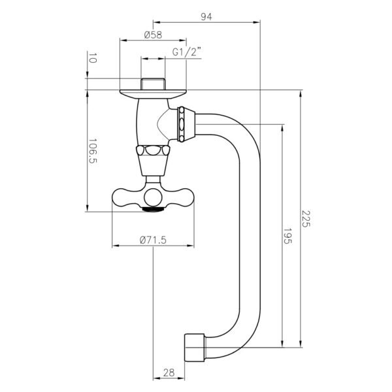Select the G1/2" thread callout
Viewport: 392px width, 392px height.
tap(186, 52)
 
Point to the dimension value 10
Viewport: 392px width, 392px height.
tap(92, 59)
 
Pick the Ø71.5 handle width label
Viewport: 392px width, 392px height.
tap(154, 240)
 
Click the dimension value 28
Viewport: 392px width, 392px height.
tap(168, 372)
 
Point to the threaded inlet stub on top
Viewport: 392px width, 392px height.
tap(153, 83)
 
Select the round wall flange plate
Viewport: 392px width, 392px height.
tap(153, 92)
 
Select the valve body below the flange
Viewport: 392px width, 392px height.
tap(150, 121)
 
